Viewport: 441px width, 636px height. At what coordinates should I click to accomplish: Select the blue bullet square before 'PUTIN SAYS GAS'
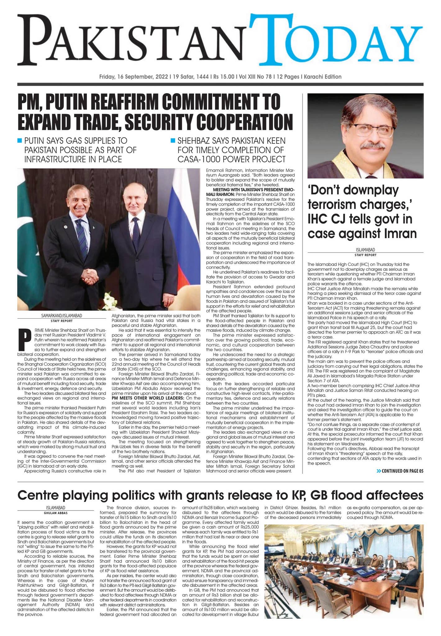20,141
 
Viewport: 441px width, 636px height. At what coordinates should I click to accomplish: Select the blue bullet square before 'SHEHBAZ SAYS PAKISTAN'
173,141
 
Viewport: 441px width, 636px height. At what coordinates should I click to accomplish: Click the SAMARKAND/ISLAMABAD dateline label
61,316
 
